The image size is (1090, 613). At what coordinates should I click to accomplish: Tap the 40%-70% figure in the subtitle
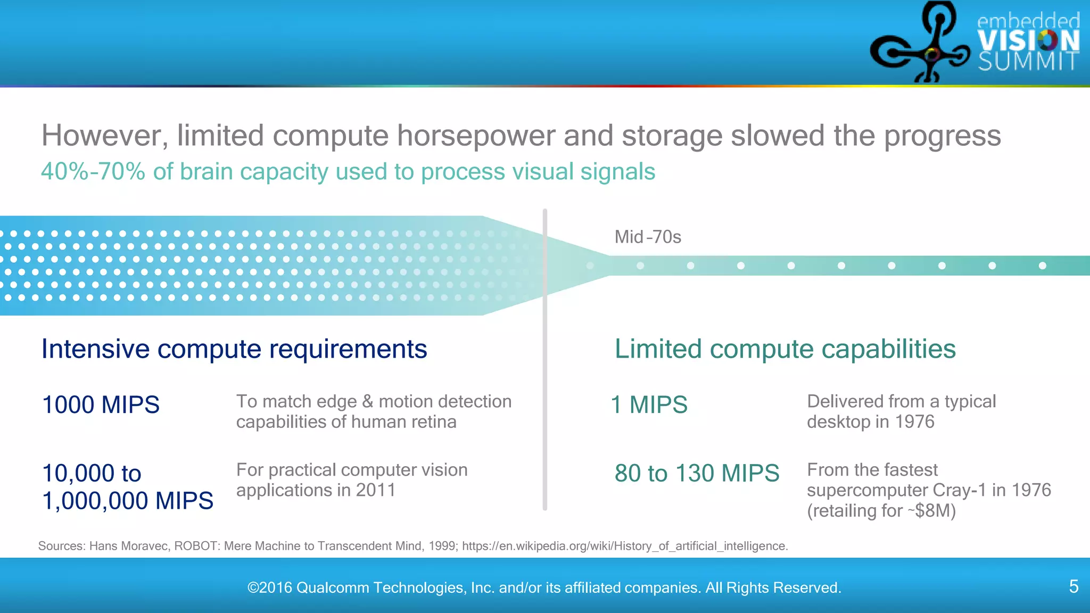click(93, 172)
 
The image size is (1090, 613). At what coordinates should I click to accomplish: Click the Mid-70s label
click(648, 237)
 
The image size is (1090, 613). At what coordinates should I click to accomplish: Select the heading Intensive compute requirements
click(234, 350)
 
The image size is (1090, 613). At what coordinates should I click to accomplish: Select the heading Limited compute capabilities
click(785, 350)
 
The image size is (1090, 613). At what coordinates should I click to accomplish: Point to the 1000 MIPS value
click(101, 405)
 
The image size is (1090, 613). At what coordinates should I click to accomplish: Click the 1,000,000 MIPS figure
click(128, 501)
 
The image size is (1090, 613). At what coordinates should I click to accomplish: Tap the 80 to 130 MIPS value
click(697, 473)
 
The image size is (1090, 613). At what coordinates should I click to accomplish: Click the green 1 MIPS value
click(649, 405)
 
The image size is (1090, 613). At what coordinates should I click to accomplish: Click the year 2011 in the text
click(375, 490)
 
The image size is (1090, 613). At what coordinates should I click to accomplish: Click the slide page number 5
click(1074, 586)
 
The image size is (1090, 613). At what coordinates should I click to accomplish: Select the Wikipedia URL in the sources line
click(624, 546)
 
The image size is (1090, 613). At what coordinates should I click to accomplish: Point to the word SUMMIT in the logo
click(1028, 62)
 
